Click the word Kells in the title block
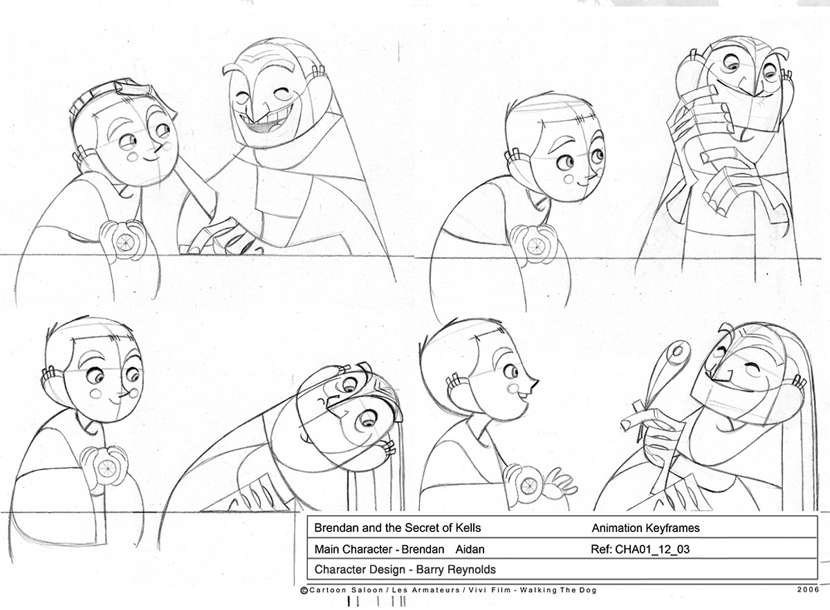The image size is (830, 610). point(468,528)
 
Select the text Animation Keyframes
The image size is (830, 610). point(645,528)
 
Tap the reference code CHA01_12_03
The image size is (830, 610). point(652,549)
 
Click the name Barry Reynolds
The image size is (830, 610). point(456,569)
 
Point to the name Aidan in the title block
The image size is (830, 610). point(470,549)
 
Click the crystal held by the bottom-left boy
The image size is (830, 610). point(107,469)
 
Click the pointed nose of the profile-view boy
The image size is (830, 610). point(534,385)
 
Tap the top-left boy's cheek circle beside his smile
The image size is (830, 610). point(132,157)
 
